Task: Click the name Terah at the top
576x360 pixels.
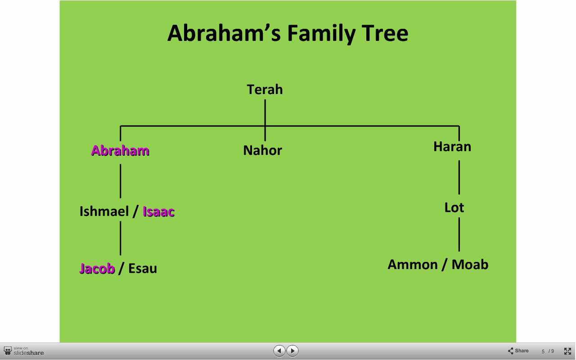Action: pyautogui.click(x=265, y=90)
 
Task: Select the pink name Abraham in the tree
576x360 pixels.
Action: pyautogui.click(x=120, y=150)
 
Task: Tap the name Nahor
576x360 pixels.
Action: pyautogui.click(x=262, y=150)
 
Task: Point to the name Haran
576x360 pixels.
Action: pyautogui.click(x=452, y=147)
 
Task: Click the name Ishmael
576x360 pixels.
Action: pyautogui.click(x=104, y=211)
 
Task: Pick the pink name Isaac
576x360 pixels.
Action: pyautogui.click(x=159, y=211)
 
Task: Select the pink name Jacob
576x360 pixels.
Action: pyautogui.click(x=97, y=269)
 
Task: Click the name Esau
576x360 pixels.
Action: pyautogui.click(x=143, y=269)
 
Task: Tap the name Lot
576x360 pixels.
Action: pyautogui.click(x=454, y=207)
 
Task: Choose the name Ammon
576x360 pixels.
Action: pyautogui.click(x=413, y=265)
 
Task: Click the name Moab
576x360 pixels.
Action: pyautogui.click(x=470, y=265)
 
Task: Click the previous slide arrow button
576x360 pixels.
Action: pyautogui.click(x=279, y=351)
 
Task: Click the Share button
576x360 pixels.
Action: pyautogui.click(x=518, y=351)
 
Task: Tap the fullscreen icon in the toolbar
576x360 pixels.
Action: pyautogui.click(x=567, y=351)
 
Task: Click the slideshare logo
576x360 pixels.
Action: pyautogui.click(x=24, y=351)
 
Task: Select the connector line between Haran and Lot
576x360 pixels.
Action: pyautogui.click(x=459, y=177)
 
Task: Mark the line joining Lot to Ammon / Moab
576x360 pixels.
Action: pyautogui.click(x=459, y=234)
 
